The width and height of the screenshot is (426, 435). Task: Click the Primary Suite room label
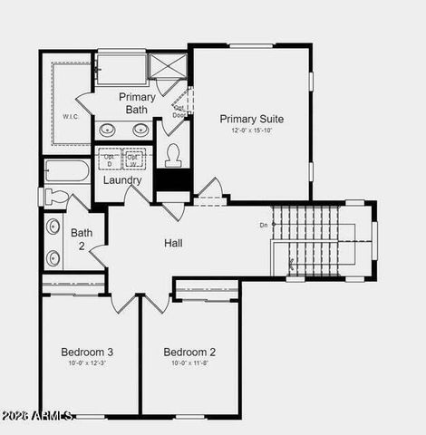251,119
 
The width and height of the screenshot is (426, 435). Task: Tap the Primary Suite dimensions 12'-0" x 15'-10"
251,131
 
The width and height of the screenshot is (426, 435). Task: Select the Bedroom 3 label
87,352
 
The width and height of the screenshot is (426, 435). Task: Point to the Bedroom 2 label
189,352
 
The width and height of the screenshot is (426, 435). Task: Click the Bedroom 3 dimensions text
87,363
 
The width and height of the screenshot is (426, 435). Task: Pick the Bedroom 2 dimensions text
189,363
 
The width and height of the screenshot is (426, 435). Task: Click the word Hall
173,243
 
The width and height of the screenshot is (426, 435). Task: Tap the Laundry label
121,180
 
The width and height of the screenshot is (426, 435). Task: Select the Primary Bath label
136,103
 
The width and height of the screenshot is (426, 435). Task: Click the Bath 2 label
82,239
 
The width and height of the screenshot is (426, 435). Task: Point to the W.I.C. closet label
72,116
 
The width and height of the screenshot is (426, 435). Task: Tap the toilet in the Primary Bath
173,156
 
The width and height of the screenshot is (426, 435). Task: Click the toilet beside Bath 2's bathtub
55,196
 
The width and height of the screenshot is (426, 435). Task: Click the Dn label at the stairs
263,225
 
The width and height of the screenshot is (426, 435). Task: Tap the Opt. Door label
179,111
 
